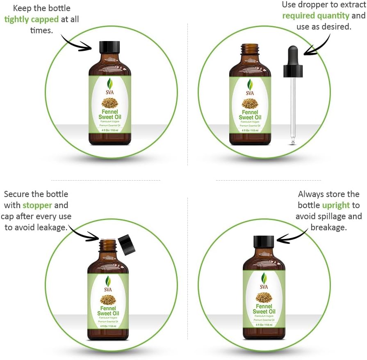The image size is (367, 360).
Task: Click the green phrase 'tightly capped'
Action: pyautogui.click(x=31, y=19)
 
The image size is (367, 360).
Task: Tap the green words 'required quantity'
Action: pyautogui.click(x=315, y=16)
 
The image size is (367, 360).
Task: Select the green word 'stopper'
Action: pyautogui.click(x=37, y=205)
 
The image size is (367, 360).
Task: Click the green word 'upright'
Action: pyautogui.click(x=336, y=205)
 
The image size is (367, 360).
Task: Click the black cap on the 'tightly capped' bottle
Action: pyautogui.click(x=110, y=47)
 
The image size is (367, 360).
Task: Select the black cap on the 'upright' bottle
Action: pyautogui.click(x=264, y=241)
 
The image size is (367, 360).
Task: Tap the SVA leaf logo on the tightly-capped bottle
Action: pyautogui.click(x=110, y=84)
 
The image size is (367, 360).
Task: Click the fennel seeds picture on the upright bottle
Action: pyautogui.click(x=264, y=297)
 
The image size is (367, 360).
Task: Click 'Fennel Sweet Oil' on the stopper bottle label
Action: pyautogui.click(x=108, y=311)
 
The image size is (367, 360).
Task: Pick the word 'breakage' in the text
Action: pyautogui.click(x=328, y=227)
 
